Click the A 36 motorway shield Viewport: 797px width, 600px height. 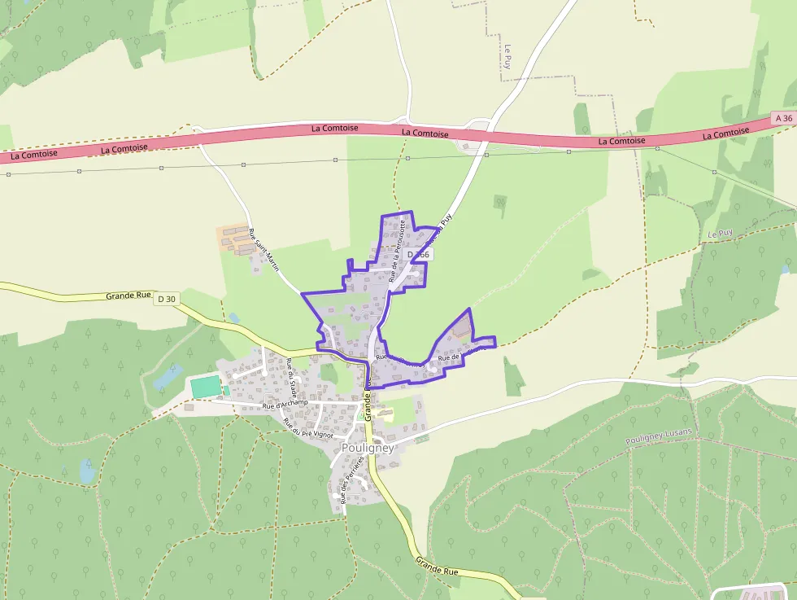tap(783, 119)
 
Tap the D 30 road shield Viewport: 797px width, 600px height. tap(166, 299)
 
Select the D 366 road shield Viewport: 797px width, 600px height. tap(418, 255)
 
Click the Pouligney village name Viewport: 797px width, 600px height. tap(368, 448)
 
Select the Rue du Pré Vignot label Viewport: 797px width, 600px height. tap(307, 428)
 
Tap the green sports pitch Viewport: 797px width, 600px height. tap(206, 386)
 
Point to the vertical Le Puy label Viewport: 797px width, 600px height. tap(507, 55)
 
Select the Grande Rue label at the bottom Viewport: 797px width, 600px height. tap(437, 567)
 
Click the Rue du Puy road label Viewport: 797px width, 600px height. tap(438, 230)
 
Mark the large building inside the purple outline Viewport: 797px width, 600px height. tap(461, 331)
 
